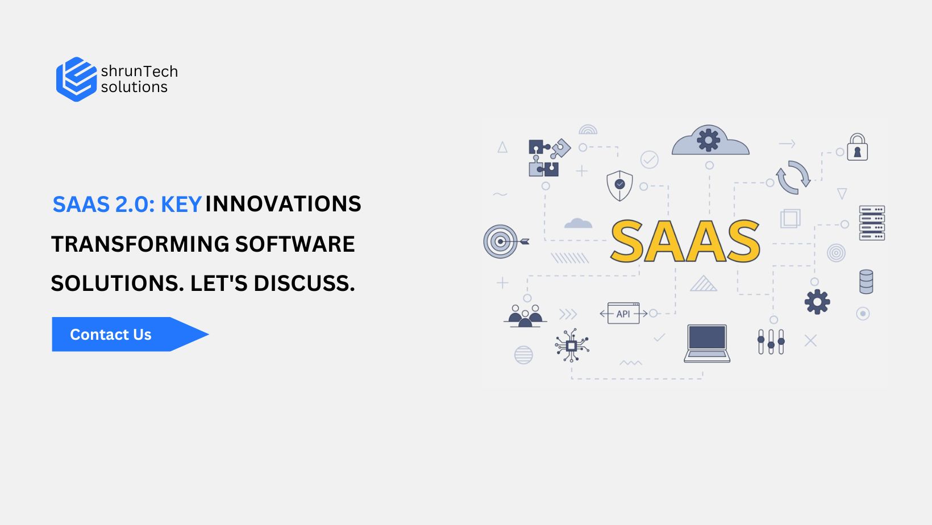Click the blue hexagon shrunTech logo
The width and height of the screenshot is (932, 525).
[77, 79]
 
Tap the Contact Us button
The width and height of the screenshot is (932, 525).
[130, 335]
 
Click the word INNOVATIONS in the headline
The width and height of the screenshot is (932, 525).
[283, 204]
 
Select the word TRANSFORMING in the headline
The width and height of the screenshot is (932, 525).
[140, 244]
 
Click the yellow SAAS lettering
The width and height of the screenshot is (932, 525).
[685, 241]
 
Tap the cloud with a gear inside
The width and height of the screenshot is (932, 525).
[710, 140]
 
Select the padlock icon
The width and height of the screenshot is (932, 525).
[858, 147]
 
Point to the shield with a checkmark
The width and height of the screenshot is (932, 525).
[619, 186]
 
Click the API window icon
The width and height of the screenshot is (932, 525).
[623, 313]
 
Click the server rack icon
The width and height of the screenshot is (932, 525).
[872, 223]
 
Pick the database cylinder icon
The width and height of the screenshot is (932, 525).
[866, 282]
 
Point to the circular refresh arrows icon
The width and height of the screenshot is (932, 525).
[793, 178]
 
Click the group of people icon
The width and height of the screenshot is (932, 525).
[525, 316]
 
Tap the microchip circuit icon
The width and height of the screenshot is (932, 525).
[572, 345]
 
